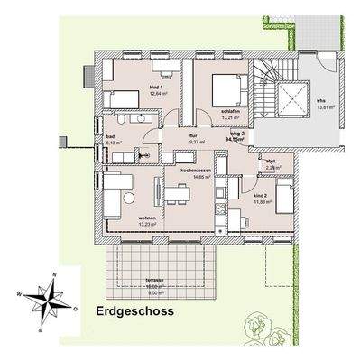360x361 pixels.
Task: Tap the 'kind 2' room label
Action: [x=260, y=195]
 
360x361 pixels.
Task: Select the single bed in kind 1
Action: [x=119, y=98]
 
